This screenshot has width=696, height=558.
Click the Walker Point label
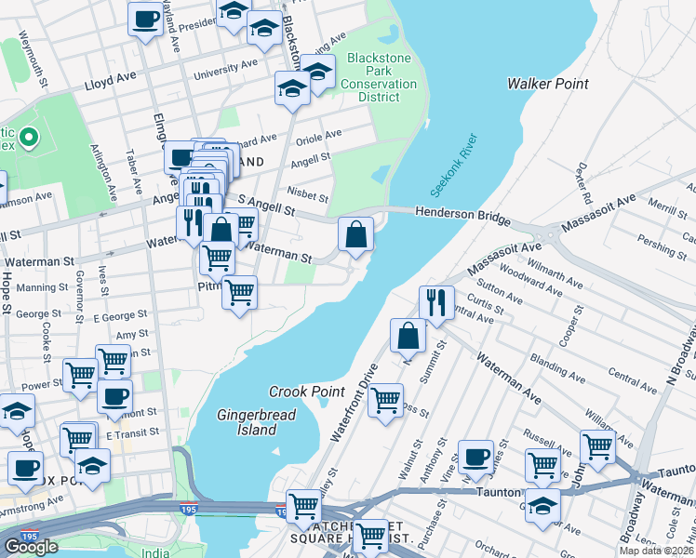547,84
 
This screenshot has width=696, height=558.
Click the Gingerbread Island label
248,422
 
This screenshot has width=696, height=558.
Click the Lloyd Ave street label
111,83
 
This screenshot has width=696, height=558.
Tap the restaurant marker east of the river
435,301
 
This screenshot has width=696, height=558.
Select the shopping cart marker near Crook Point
384,402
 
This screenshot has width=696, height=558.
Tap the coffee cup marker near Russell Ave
475,457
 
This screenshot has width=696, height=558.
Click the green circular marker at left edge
28,139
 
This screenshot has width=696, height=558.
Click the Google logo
31,546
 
